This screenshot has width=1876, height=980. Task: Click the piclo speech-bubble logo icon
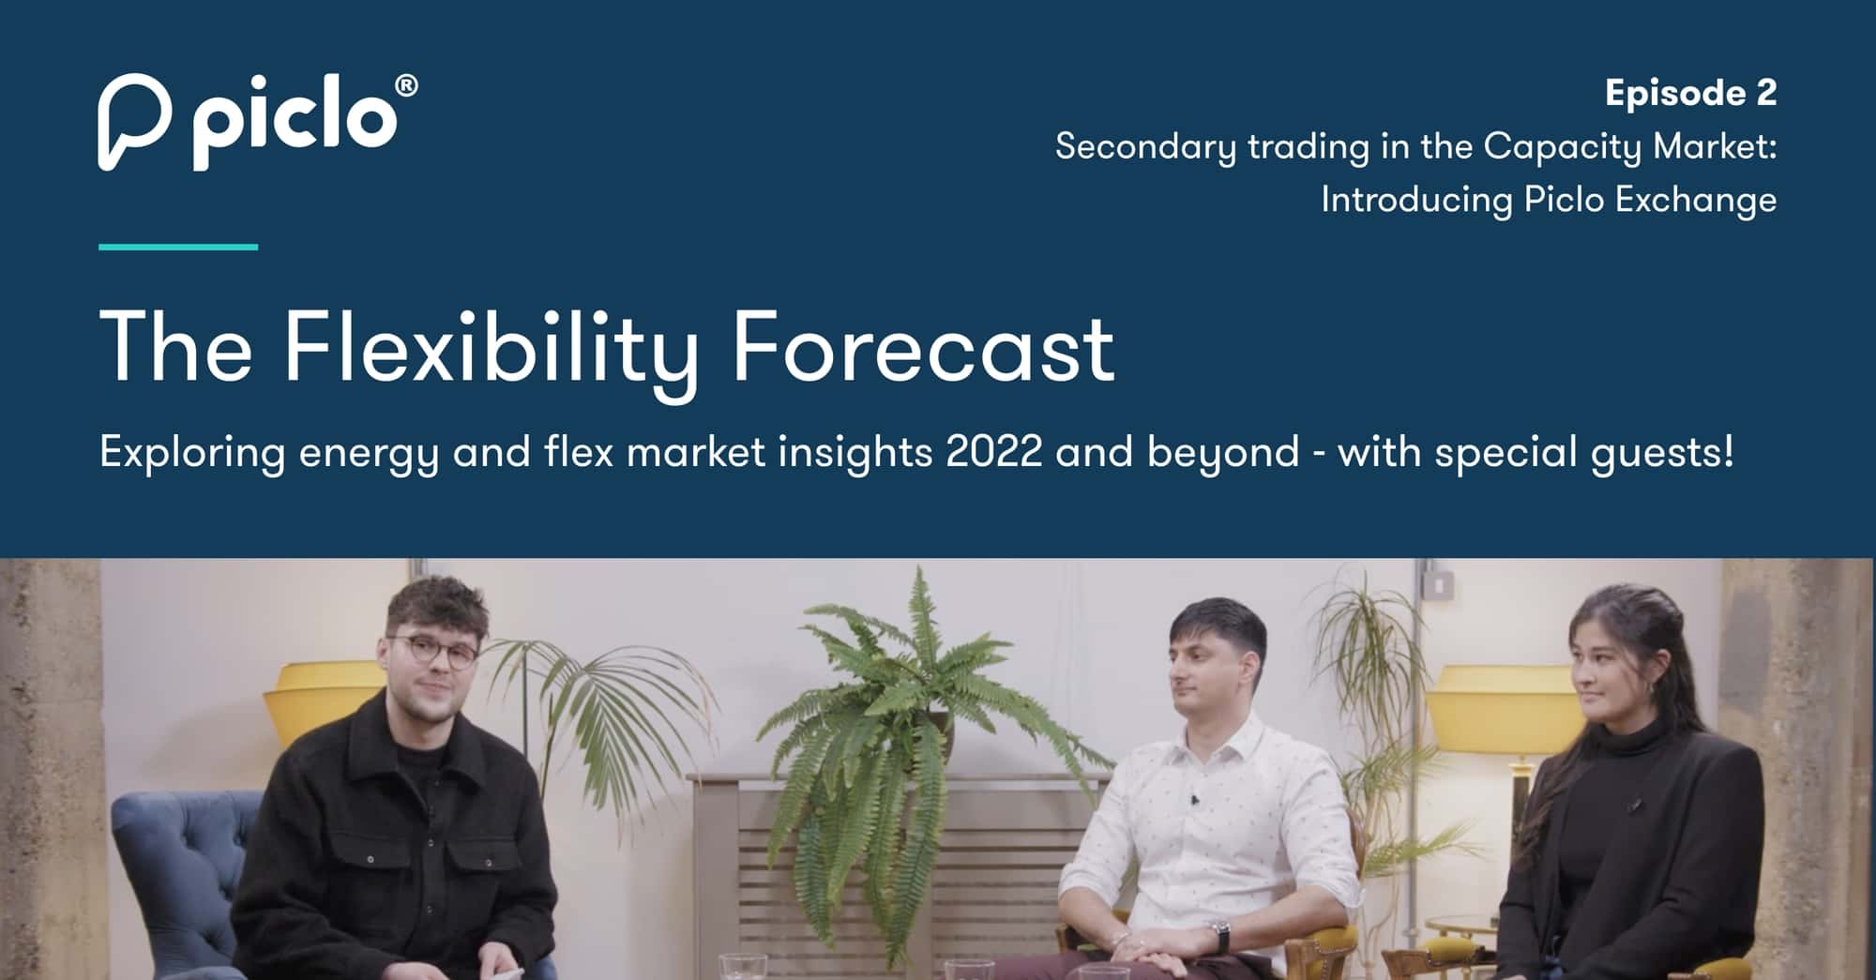[134, 122]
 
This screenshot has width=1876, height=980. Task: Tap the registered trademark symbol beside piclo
[407, 87]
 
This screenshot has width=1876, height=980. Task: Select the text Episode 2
[1690, 93]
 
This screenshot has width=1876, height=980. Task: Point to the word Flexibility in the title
[491, 353]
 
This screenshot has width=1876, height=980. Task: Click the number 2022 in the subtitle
[994, 452]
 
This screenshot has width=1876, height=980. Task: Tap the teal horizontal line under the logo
[178, 247]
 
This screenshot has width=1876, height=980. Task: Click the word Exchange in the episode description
[1697, 201]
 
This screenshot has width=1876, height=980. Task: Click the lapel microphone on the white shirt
[1194, 800]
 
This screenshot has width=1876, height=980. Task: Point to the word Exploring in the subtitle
[192, 454]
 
